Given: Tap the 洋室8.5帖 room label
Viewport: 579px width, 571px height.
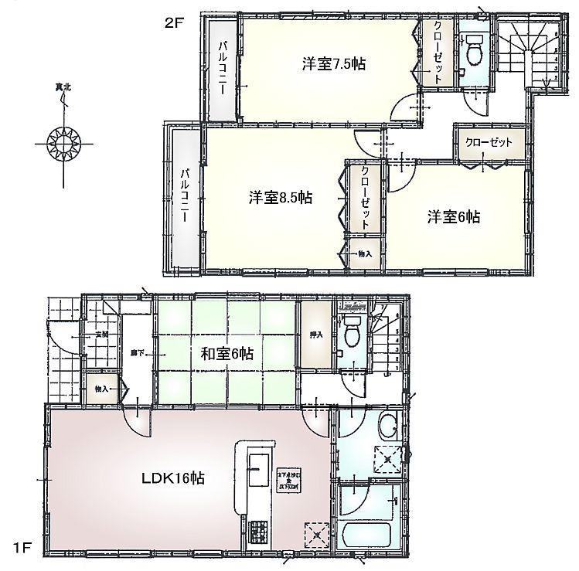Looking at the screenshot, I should coord(280,198).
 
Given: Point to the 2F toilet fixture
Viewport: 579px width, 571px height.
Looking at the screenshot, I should coord(474,51).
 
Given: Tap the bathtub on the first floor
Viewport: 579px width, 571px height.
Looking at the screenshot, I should coord(365,535).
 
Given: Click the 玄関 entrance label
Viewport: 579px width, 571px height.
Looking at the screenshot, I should coord(101,335).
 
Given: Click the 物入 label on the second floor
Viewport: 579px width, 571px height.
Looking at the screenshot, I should coord(364,253).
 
